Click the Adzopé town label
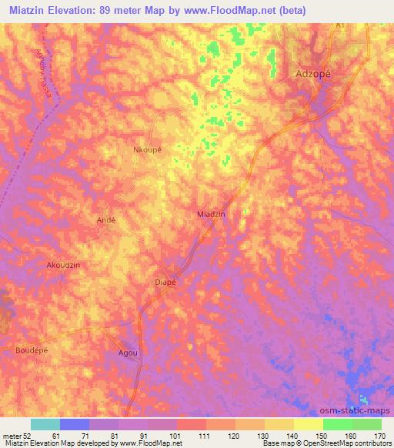313,74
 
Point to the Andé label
105,219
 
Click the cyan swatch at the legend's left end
45,424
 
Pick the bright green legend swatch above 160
337,424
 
